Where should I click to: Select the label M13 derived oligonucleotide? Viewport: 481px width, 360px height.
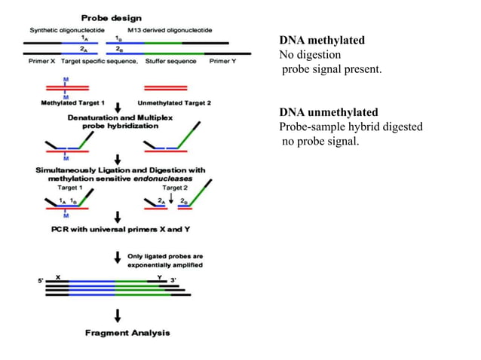pos(170,30)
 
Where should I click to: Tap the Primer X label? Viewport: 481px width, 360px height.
pos(42,61)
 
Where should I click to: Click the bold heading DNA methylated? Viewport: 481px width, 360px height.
pos(322,40)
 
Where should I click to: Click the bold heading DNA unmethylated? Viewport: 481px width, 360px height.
pos(329,112)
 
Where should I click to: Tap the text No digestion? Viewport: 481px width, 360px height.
pos(310,54)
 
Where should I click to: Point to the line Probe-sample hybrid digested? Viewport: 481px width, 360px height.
pos(351,127)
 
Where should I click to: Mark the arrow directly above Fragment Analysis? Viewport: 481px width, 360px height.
pos(118,314)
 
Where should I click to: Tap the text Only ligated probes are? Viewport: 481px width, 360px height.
pos(165,256)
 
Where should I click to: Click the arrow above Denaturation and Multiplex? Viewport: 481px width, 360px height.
pos(118,110)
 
